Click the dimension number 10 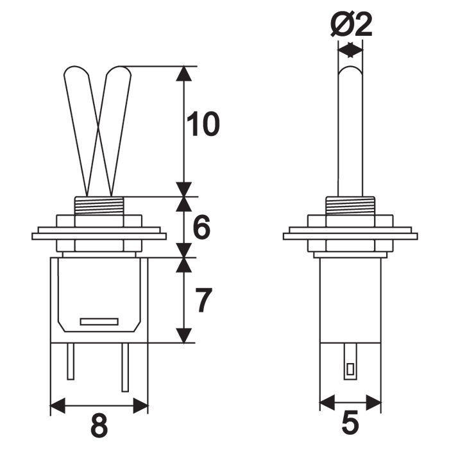202,125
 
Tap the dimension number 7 202,300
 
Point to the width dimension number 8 99,425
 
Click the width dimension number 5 350,425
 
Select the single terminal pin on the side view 350,363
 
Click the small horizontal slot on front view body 99,321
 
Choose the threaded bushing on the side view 350,206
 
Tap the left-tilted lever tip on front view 75,71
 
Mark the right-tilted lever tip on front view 121,71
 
